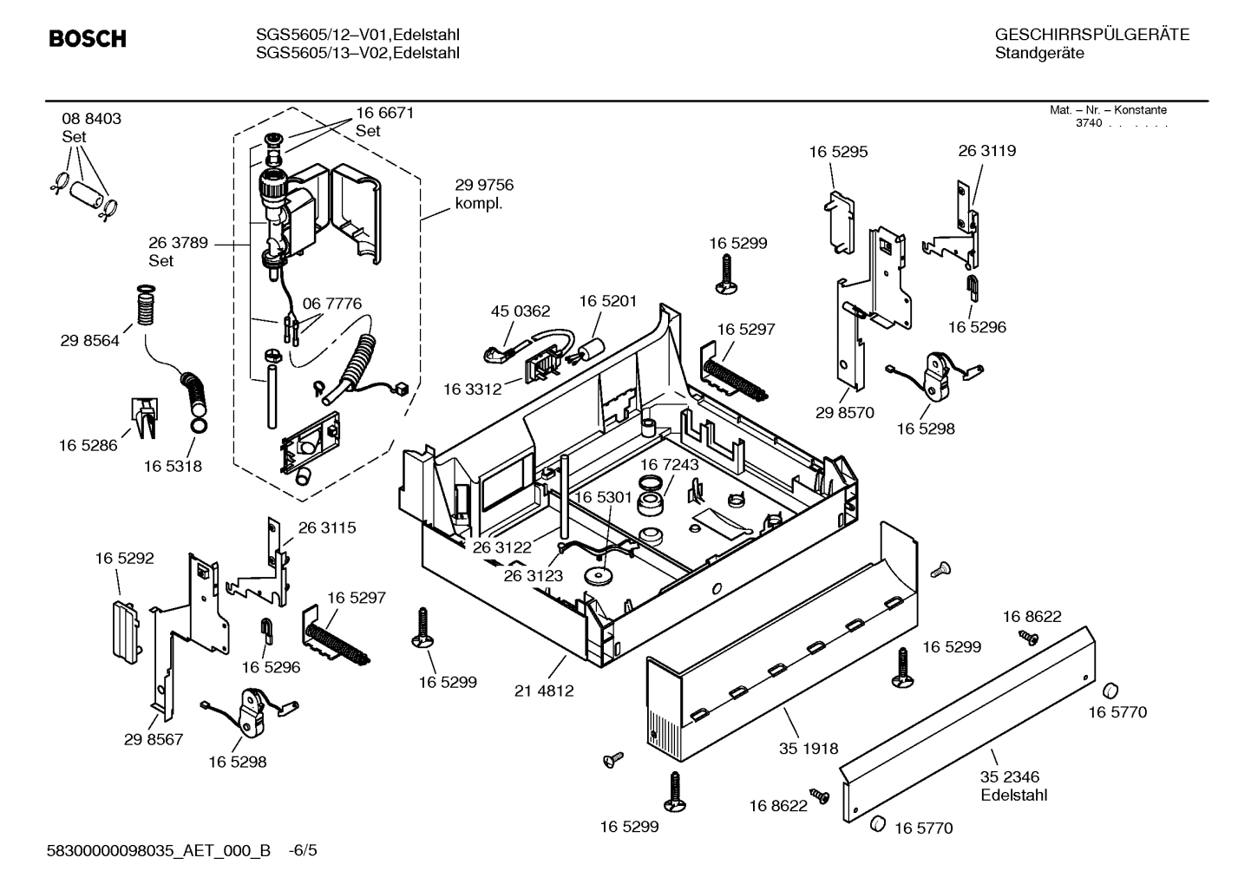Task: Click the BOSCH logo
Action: coord(87,39)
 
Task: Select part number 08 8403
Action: coord(91,119)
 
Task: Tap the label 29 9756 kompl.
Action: coord(484,194)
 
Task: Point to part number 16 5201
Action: coord(608,301)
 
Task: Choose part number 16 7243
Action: coord(670,465)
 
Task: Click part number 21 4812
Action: coord(544,691)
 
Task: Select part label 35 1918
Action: coord(809,749)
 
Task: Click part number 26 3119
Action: coord(987,151)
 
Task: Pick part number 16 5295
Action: coord(838,152)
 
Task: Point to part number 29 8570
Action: coord(845,413)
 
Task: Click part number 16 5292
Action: coord(124,559)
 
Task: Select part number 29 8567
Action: coord(154,739)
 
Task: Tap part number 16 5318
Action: coord(173,466)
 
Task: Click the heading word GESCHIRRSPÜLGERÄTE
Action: coord(1091,35)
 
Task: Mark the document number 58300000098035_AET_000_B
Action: coord(162,850)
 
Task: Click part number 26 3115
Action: coord(327,527)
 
